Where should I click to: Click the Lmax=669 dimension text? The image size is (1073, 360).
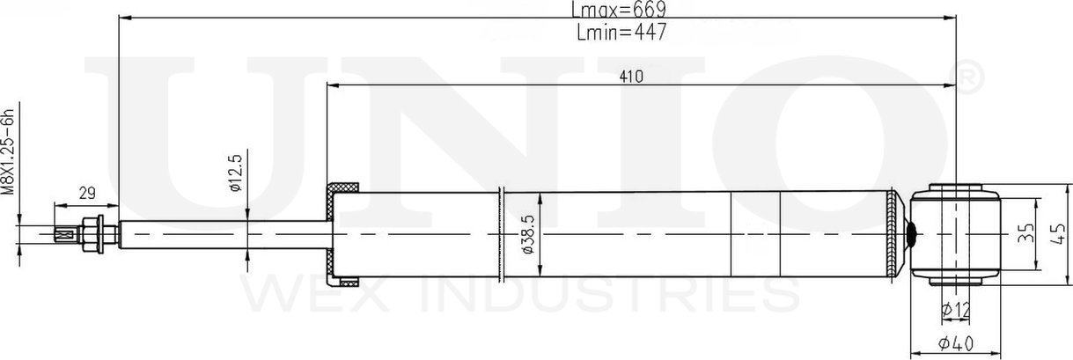coord(618,10)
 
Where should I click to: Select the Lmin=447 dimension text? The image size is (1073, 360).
coord(621,33)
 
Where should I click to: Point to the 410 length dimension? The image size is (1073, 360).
coord(630,77)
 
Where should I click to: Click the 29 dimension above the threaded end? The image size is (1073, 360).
coord(86,193)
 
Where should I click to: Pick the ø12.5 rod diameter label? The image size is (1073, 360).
coord(234,173)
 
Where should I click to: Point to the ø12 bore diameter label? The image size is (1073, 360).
coord(954,309)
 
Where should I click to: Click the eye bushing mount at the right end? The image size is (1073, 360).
coord(954,234)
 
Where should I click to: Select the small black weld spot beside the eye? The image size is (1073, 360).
coord(913,234)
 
